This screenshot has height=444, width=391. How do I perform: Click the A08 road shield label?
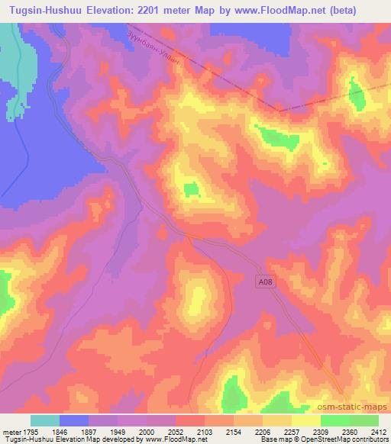(263, 282)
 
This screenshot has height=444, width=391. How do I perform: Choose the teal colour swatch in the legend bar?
(46, 420)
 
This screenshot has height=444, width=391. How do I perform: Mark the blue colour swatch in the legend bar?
(75, 420)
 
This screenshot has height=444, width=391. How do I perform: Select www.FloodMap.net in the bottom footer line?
(166, 439)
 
